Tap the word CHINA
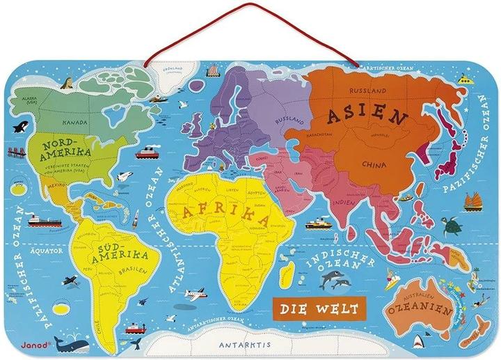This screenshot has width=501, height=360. (373, 164)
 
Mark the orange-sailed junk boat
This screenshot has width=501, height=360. (473, 201)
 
